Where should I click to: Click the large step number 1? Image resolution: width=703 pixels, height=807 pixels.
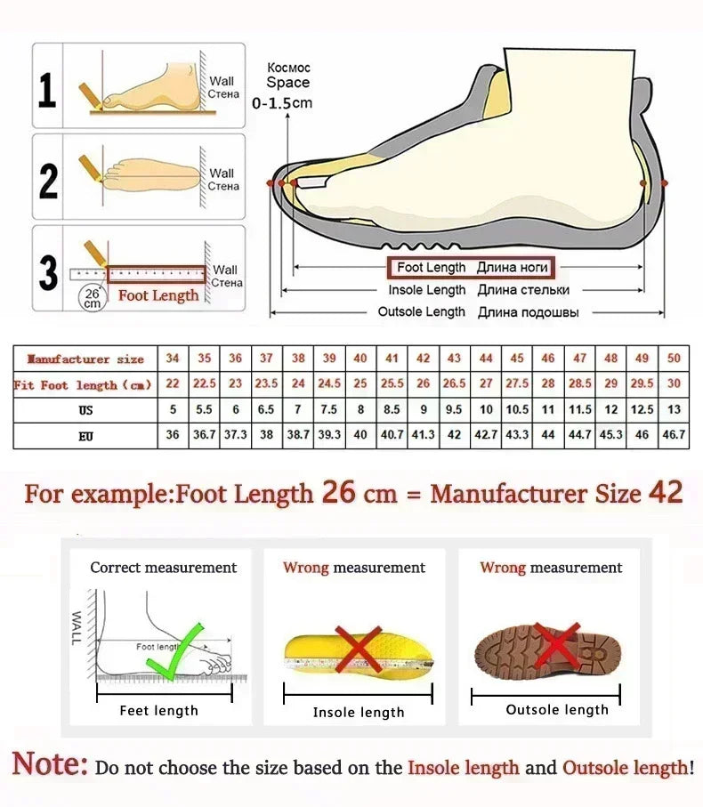(47, 90)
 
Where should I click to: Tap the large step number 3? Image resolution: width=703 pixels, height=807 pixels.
(48, 272)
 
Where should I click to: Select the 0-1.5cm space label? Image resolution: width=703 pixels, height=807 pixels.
(282, 103)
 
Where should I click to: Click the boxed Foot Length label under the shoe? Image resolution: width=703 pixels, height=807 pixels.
(469, 267)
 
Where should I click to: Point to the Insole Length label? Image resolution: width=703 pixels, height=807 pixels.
(426, 290)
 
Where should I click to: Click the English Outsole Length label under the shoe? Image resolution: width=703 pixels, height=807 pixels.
(421, 312)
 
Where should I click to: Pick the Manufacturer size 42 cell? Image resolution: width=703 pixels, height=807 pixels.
(424, 359)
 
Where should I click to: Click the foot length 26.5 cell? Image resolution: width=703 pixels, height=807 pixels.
(454, 384)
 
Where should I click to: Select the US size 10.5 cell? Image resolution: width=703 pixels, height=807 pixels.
(517, 410)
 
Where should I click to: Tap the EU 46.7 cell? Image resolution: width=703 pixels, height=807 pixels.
(674, 435)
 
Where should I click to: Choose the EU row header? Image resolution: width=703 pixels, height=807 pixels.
(85, 436)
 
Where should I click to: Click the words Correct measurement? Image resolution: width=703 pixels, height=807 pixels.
(164, 568)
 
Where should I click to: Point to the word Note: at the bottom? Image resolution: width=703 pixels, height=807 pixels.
(50, 763)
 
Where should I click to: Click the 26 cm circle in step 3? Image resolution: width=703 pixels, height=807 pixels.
(93, 297)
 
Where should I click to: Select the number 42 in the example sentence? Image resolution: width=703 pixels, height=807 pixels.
(666, 493)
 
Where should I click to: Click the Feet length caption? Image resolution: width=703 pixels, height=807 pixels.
(158, 710)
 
